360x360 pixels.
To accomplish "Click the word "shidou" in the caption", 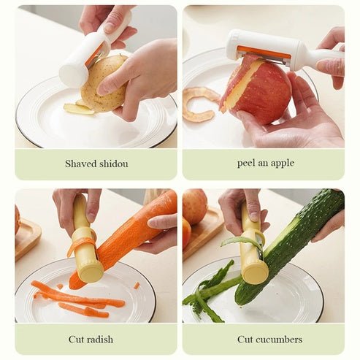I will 112,164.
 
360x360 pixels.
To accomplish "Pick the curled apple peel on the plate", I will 199,102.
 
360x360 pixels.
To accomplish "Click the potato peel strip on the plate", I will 77,109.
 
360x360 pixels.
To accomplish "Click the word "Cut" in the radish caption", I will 77,340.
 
